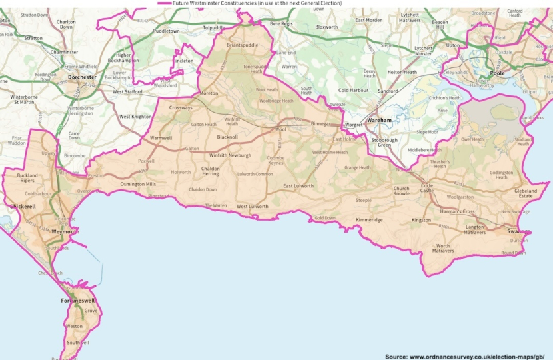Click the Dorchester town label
pyautogui.click(x=82, y=77)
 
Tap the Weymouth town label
pyautogui.click(x=65, y=231)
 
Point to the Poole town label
pyautogui.click(x=496, y=73)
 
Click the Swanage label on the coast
pyautogui.click(x=518, y=231)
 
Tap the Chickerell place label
pyautogui.click(x=23, y=207)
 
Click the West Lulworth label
pyautogui.click(x=253, y=206)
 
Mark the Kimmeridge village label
pyautogui.click(x=369, y=219)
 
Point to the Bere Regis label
pyautogui.click(x=280, y=23)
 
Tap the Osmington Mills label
pyautogui.click(x=138, y=184)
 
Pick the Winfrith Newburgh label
pyautogui.click(x=230, y=155)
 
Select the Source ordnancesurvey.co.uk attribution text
pyautogui.click(x=466, y=357)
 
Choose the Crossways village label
pyautogui.click(x=181, y=107)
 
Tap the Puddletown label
pyautogui.click(x=166, y=31)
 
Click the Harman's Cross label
pyautogui.click(x=457, y=211)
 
